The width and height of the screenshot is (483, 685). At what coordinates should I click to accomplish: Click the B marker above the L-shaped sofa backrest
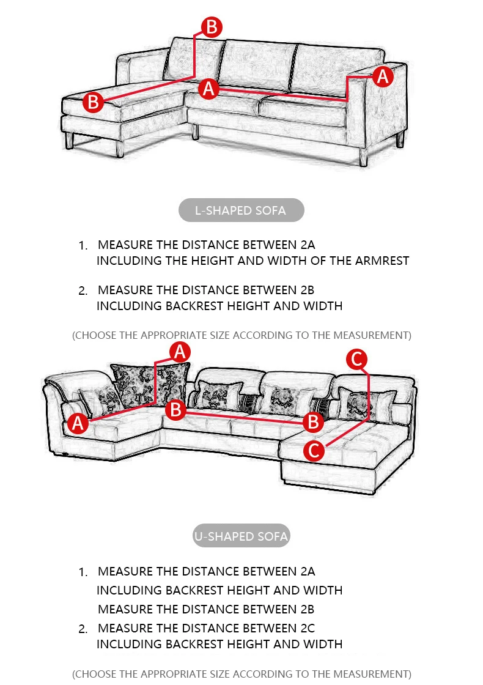coord(212,28)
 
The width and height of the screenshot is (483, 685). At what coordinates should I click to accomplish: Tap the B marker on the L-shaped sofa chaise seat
coord(93,102)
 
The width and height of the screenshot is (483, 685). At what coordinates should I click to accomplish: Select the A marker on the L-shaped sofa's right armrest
coord(383,76)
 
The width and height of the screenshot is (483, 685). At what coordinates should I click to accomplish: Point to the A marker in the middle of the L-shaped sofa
coord(209,88)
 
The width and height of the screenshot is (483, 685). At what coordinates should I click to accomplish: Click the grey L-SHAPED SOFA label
coord(240,210)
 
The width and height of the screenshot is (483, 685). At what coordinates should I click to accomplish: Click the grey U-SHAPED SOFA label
coord(240,536)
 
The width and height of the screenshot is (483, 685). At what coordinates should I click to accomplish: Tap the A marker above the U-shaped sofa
coord(180,352)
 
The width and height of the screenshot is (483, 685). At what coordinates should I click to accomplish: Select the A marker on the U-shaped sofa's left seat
coord(78,423)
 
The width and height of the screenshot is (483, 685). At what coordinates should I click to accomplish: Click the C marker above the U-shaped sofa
coord(357,358)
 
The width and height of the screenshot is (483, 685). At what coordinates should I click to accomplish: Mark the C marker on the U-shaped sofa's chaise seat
coord(314,451)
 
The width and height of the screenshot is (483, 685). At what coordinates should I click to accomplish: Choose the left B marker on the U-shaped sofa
coord(176,409)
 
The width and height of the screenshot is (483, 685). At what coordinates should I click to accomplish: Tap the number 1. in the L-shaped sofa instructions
coord(84,246)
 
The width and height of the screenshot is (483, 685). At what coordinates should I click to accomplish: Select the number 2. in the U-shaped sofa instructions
coord(84,629)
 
